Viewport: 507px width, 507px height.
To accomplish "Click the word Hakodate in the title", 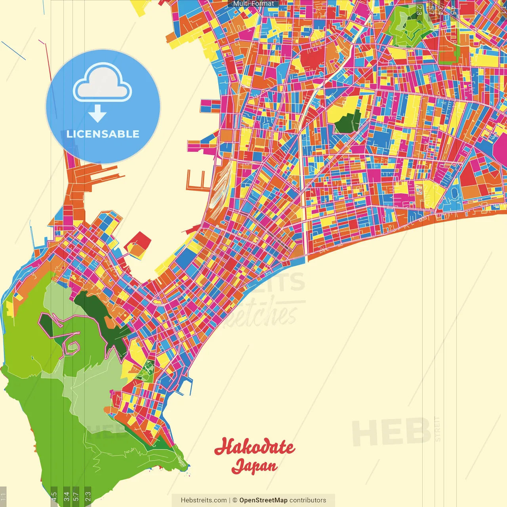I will pyautogui.click(x=254, y=447).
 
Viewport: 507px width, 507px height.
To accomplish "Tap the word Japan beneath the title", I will pyautogui.click(x=254, y=466).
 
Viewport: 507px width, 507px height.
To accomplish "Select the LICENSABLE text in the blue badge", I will pyautogui.click(x=103, y=134).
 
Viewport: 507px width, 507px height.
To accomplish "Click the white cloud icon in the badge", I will pyautogui.click(x=102, y=84).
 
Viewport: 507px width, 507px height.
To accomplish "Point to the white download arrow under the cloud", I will pyautogui.click(x=97, y=114).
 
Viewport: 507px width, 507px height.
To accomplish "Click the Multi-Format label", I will pyautogui.click(x=253, y=4).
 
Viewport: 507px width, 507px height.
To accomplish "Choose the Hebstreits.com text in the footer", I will pyautogui.click(x=204, y=500).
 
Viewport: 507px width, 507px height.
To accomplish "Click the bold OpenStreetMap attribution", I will pyautogui.click(x=263, y=500).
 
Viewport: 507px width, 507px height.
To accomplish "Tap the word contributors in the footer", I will pyautogui.click(x=308, y=500).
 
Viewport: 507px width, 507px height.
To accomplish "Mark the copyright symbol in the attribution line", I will pyautogui.click(x=234, y=500).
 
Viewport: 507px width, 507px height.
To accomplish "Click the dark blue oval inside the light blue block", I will pyautogui.click(x=454, y=193).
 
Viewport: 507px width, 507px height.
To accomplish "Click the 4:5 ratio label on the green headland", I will pyautogui.click(x=54, y=496).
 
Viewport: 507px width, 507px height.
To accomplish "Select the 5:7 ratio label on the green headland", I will pyautogui.click(x=76, y=496).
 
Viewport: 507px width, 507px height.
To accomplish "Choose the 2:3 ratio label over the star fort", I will pyautogui.click(x=419, y=10).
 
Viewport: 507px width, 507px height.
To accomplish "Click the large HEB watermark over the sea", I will pyautogui.click(x=391, y=432).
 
